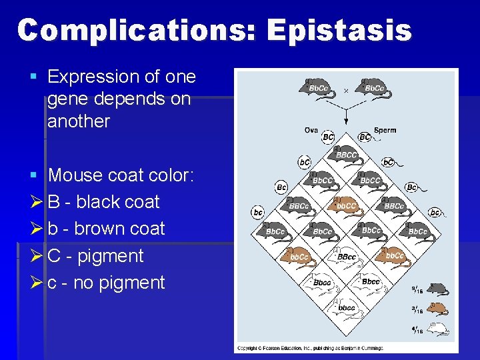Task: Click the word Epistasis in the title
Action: [x=339, y=31]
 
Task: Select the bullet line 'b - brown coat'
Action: [x=106, y=228]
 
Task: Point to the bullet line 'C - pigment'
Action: [x=95, y=255]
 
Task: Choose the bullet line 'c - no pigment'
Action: [x=106, y=282]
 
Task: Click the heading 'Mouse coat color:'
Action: [x=121, y=175]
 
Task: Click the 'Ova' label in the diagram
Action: [x=311, y=130]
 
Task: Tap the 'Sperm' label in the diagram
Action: [x=385, y=130]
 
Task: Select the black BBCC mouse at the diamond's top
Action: [x=347, y=155]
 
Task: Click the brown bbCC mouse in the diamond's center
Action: [x=347, y=205]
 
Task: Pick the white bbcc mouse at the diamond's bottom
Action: [x=347, y=307]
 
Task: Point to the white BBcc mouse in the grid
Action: [x=347, y=256]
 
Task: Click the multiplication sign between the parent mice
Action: [x=346, y=90]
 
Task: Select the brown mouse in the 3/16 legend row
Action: [x=437, y=308]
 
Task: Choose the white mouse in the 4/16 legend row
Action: [x=437, y=327]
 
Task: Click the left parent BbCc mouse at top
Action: [x=319, y=88]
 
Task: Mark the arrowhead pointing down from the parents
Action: [x=346, y=122]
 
